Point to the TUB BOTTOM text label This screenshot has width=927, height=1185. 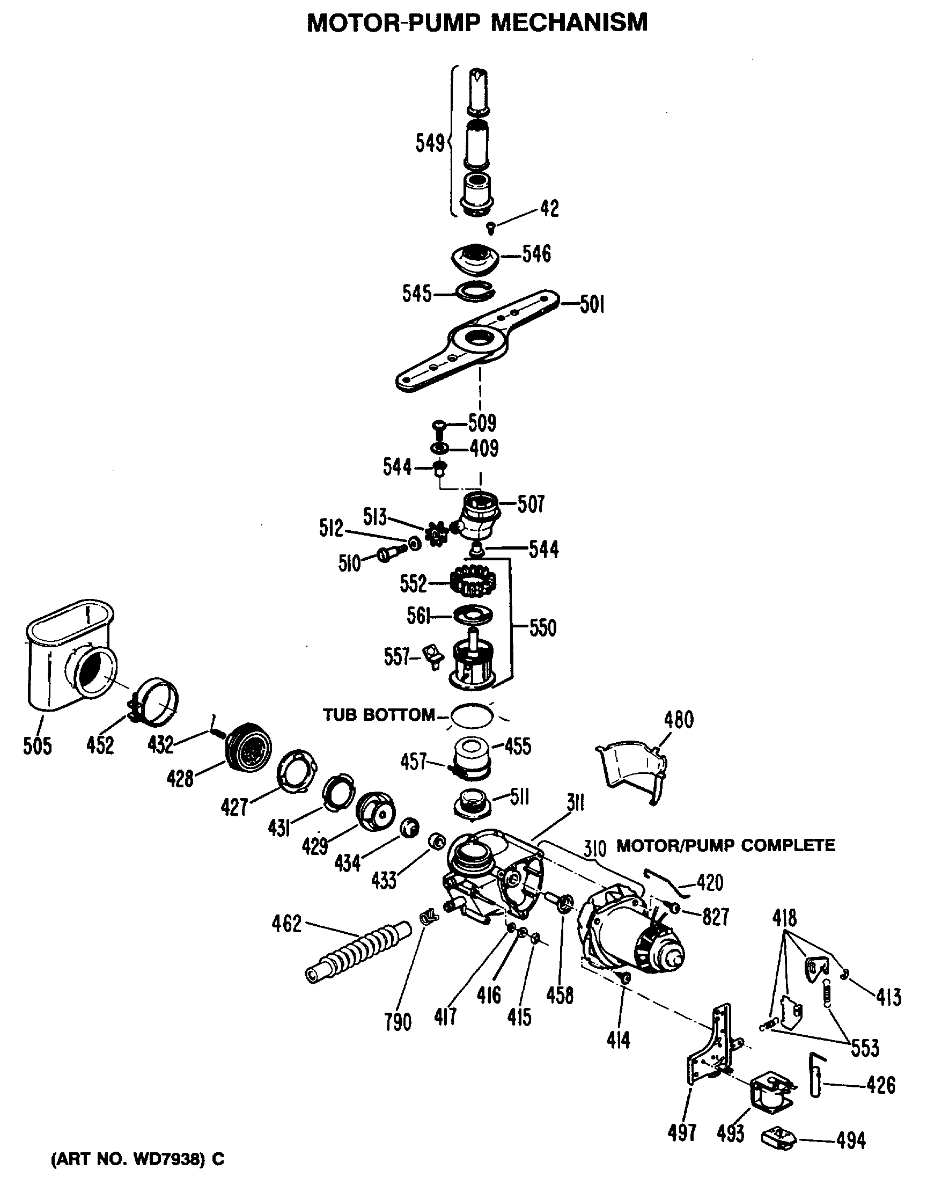click(x=379, y=715)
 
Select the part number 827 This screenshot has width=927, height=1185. click(x=715, y=917)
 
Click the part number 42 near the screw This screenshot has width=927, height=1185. click(x=549, y=208)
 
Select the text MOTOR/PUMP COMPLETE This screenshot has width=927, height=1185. click(x=726, y=845)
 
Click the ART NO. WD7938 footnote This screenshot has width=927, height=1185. click(x=137, y=1159)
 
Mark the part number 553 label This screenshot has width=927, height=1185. click(x=864, y=1047)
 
